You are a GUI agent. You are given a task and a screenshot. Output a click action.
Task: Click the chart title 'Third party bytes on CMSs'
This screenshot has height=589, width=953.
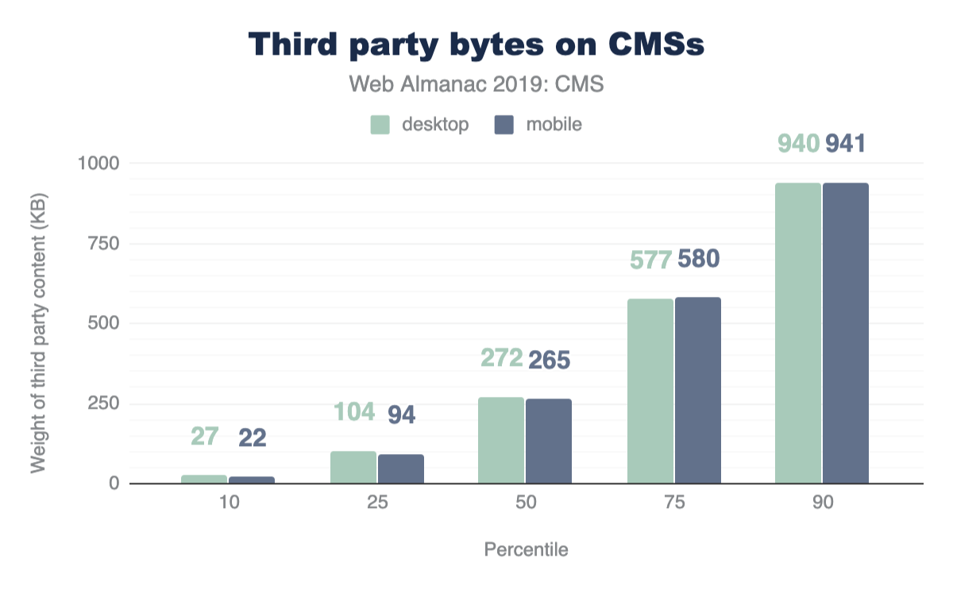pos(476,44)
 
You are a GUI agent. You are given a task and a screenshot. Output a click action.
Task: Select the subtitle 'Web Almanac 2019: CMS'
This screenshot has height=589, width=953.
pos(476,84)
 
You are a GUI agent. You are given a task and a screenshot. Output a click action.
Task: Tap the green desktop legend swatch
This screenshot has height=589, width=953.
pos(380,125)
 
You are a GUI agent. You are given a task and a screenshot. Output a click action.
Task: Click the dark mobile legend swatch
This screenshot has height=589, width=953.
pos(504,125)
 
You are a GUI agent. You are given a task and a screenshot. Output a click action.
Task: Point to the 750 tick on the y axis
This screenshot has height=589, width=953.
pos(101,244)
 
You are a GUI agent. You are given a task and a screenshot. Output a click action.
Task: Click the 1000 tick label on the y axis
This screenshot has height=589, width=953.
pos(97,164)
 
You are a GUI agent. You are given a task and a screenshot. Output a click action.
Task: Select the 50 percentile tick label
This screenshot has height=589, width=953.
pos(525,502)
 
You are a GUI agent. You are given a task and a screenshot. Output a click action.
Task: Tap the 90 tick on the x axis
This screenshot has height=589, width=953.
pos(822,502)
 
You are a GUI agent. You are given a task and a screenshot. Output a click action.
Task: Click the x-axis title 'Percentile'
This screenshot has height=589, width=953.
pos(526,549)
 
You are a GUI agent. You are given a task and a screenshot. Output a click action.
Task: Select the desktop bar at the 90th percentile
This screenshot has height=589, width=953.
pos(798,333)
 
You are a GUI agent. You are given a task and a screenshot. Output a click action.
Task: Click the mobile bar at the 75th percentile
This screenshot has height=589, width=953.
pos(698,391)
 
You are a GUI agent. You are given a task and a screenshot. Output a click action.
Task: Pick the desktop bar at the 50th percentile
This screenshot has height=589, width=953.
pos(501,440)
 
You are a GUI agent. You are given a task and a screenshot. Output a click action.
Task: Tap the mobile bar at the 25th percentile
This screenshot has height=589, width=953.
pos(401,468)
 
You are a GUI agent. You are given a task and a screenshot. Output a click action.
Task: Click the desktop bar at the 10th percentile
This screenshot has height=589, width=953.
pos(204,479)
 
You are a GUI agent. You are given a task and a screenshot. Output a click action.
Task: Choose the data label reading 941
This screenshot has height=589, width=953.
pos(845,144)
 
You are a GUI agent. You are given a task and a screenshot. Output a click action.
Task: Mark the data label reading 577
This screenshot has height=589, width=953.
pos(651,260)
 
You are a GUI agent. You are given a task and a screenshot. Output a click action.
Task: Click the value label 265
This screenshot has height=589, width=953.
pos(549,360)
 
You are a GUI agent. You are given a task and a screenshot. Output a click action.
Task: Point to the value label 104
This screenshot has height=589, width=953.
pos(353,413)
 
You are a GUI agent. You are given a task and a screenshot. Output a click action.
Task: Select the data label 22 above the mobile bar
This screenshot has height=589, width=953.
pos(252,437)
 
